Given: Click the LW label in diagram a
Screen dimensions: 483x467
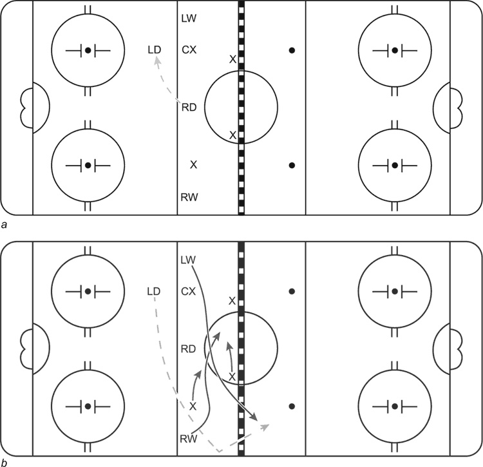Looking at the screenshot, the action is tap(189, 19).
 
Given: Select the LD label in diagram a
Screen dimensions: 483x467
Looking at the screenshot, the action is tap(155, 50).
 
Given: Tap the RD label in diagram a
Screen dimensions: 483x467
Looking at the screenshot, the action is tap(189, 107).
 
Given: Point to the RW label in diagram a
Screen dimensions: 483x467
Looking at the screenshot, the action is tap(189, 197).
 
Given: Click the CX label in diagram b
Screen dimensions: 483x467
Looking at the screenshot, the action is tap(189, 291).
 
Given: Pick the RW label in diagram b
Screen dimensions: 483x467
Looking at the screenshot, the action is tap(188, 439).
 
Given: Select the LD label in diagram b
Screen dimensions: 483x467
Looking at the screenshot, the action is tap(154, 291).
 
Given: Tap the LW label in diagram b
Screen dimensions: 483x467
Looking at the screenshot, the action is tap(188, 260).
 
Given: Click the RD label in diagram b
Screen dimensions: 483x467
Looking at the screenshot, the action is tap(188, 349).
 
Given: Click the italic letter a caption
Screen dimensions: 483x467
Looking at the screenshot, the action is tap(4, 225).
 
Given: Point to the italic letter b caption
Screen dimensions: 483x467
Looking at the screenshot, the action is tap(4, 462).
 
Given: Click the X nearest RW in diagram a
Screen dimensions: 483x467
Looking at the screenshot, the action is tap(193, 165).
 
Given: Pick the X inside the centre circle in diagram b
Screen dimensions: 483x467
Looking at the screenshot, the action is tap(232, 376).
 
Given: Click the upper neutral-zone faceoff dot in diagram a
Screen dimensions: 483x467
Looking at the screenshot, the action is tap(292, 50).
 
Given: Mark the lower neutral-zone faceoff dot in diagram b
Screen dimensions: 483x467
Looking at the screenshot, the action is tap(292, 406).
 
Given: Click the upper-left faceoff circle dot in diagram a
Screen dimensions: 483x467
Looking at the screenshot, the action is tap(88, 50).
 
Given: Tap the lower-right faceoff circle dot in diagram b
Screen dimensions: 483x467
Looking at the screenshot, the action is tap(395, 406).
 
